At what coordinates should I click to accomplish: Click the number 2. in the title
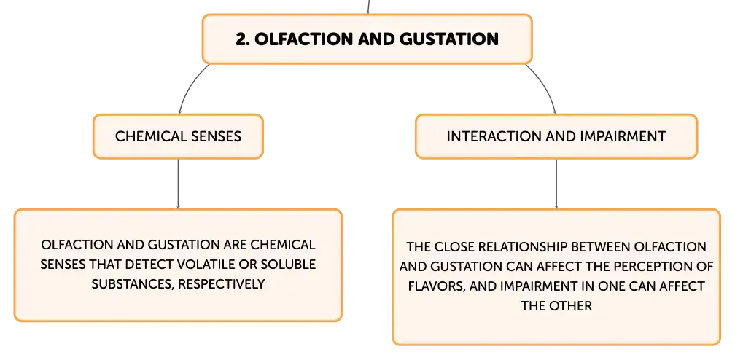[243, 39]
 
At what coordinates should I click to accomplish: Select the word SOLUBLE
[292, 265]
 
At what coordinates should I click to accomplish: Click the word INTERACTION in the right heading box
[486, 136]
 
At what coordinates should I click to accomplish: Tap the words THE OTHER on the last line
[556, 305]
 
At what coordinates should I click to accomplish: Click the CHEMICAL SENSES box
[178, 136]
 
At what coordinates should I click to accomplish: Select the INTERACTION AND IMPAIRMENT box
[556, 136]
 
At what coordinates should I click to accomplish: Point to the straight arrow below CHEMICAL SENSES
[178, 184]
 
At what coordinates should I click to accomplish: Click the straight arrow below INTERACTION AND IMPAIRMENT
[556, 184]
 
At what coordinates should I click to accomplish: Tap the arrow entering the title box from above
[368, 7]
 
